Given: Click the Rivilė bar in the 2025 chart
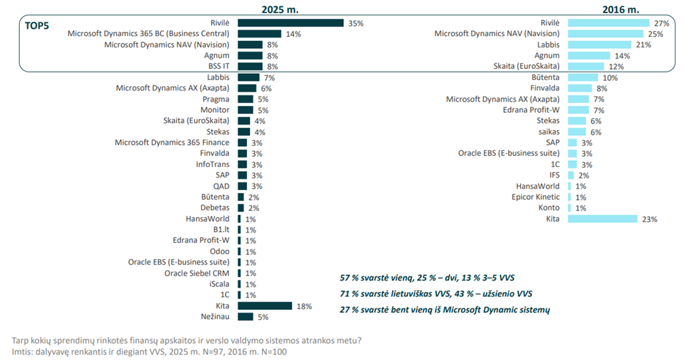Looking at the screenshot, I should pos(290,23).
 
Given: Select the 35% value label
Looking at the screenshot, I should pos(356,23).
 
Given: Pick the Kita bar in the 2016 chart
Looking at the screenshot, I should pos(602,219).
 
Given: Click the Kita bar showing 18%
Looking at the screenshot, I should pos(265,306).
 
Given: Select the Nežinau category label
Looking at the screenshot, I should pos(216,317).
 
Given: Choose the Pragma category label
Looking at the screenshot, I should pos(217,99).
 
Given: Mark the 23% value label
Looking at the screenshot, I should pos(650,219).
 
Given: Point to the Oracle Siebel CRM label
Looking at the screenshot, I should pos(197,273).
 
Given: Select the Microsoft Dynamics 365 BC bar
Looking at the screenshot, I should pos(259,33).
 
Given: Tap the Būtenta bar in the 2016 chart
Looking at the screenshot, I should pos(583,77).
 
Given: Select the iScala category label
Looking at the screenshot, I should pos(220,284).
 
